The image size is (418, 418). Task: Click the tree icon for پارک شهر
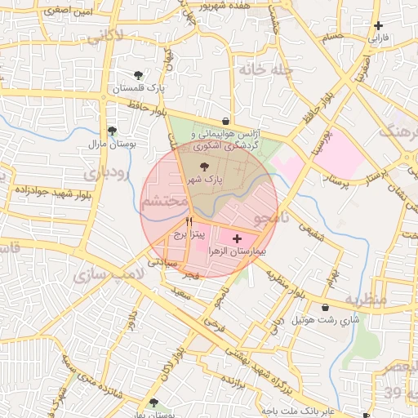tap(204, 165)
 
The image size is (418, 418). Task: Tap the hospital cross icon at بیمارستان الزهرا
tap(237, 239)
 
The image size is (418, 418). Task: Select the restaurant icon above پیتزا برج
tap(189, 221)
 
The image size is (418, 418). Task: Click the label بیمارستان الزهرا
tap(238, 252)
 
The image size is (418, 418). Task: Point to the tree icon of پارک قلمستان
tap(138, 75)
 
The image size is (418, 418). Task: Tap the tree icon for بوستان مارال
tap(112, 131)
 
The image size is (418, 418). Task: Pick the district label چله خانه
tap(265, 69)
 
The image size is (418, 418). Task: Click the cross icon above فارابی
tap(378, 26)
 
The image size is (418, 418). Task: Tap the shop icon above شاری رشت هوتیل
tap(327, 308)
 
